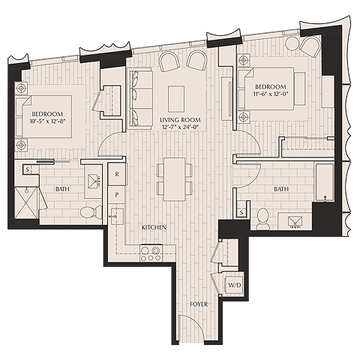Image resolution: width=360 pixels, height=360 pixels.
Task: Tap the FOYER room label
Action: coord(199,304)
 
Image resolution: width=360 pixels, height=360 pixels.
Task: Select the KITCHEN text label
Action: coord(154,226)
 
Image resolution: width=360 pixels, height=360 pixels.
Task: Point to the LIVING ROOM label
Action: coord(179,119)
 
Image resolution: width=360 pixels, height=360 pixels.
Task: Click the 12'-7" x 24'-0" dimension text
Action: coord(179,127)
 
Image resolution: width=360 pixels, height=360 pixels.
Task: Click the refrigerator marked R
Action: coord(118,174)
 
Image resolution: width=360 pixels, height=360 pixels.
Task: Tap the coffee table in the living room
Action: coord(176,97)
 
